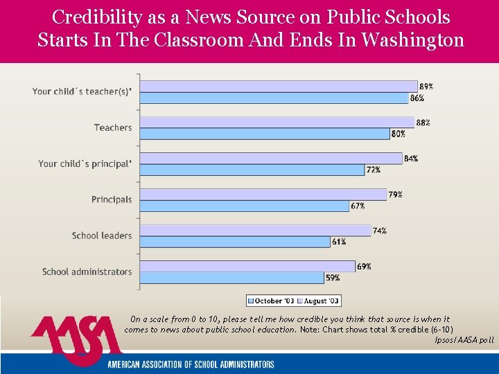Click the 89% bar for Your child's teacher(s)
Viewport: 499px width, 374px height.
point(278,86)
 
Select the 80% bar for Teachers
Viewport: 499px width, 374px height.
point(264,134)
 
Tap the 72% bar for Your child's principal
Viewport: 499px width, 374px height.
point(252,170)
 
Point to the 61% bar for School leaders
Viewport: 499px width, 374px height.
point(235,242)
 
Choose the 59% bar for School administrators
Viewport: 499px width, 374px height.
point(231,278)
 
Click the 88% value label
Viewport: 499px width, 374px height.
point(423,123)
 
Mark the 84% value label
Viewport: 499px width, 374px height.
point(411,159)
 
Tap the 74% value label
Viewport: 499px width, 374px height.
point(380,231)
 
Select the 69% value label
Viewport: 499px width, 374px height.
point(365,267)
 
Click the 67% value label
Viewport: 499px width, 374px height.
point(358,206)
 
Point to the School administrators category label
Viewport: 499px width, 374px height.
point(87,271)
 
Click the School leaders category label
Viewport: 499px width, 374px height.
point(101,235)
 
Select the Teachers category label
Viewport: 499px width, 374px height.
point(113,127)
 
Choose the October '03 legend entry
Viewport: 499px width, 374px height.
point(272,301)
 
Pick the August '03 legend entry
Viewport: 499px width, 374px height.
point(318,301)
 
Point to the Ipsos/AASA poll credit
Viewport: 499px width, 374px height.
point(464,340)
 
